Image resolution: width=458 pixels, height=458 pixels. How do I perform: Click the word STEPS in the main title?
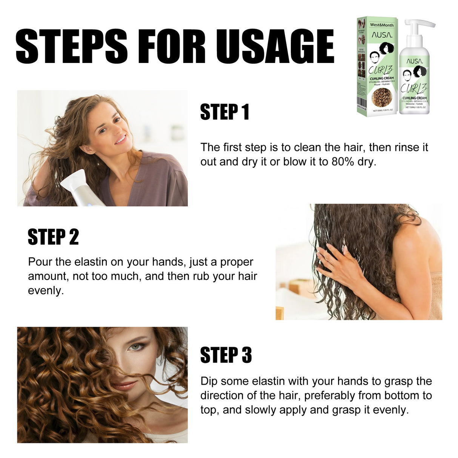(72, 46)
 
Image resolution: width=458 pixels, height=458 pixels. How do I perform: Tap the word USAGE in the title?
(275, 46)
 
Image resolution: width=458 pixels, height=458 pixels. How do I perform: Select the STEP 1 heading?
(224, 112)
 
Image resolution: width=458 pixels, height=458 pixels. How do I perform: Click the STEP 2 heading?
(53, 237)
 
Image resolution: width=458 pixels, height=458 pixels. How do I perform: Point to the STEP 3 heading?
(226, 355)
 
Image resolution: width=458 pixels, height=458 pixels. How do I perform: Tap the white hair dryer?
(79, 189)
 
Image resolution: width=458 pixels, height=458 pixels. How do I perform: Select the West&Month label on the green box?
(381, 25)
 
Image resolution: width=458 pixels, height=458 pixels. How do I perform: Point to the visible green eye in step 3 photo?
(135, 346)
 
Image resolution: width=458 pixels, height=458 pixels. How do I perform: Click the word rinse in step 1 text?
(407, 147)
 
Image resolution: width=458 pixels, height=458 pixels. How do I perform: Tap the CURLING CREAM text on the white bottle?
(414, 98)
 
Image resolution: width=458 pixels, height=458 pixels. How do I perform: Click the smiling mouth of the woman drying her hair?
(121, 140)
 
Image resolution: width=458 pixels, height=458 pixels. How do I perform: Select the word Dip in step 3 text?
(209, 381)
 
